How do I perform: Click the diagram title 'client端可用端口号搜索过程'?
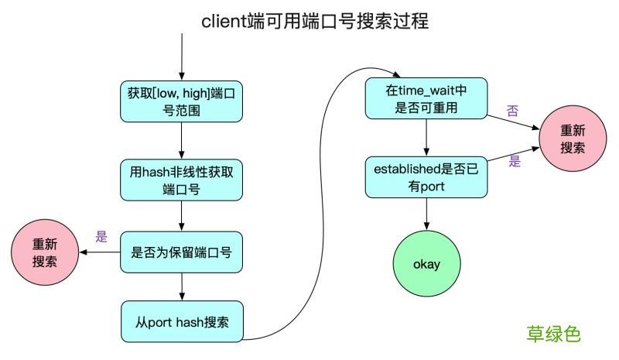pos(315,21)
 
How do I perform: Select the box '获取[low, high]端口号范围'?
pos(181,101)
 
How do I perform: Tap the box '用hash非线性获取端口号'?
pos(181,180)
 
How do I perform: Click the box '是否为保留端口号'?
pos(181,252)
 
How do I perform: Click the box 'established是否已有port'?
pos(426,176)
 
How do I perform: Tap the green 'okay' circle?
pos(426,264)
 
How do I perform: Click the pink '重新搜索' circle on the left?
pos(45,252)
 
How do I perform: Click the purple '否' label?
pos(512,111)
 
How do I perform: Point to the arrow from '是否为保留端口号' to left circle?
pos(101,252)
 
